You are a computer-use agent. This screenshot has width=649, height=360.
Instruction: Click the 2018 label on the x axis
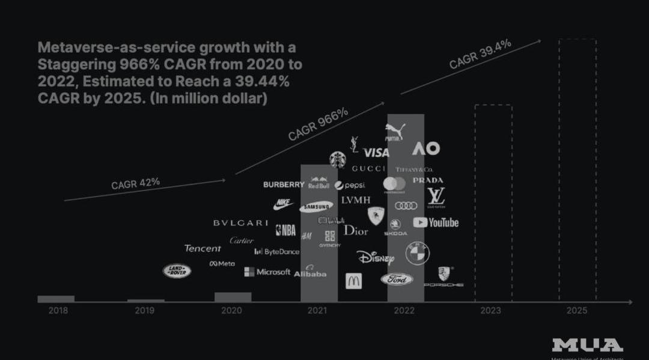tap(58, 311)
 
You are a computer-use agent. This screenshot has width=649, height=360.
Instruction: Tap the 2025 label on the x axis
tap(577, 311)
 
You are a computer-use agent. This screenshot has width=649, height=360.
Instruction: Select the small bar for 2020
tap(233, 297)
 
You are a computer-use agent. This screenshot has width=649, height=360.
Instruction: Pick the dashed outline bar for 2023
tap(493, 203)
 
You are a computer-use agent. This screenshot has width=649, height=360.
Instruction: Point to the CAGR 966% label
tap(318, 124)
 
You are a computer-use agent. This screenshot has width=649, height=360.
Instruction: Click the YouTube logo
tap(436, 222)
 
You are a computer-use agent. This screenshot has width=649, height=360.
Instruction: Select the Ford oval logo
tap(397, 279)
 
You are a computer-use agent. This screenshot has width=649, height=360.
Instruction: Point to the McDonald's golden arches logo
tap(354, 281)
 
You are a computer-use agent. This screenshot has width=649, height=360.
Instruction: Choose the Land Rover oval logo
tap(177, 271)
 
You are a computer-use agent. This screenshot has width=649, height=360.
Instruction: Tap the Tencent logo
tap(203, 248)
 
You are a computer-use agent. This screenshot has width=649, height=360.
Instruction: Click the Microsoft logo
tap(267, 272)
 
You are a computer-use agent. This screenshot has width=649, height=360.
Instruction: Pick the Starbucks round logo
tap(338, 159)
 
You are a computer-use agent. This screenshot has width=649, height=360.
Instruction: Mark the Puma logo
tap(395, 132)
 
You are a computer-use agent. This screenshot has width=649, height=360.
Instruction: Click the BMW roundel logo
tap(417, 253)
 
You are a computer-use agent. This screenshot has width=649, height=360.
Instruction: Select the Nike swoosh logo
tap(283, 205)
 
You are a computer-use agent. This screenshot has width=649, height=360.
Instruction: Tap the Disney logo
tap(376, 258)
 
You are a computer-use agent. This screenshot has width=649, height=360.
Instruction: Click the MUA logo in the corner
tap(587, 345)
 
